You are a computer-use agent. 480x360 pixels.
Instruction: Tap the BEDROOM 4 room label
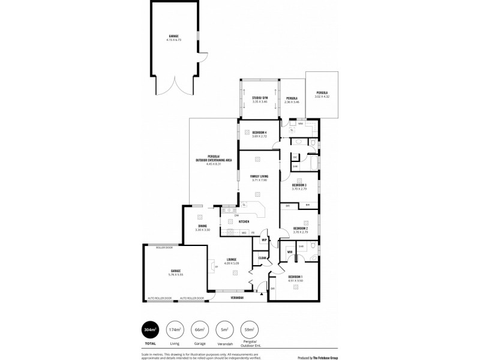259,132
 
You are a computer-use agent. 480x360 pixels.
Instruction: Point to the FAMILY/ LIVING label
259,176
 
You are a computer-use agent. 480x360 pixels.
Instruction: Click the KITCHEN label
244,221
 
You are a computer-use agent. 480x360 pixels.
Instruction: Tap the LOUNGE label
231,259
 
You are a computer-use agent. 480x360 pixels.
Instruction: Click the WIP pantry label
263,239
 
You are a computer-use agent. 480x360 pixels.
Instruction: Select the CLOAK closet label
262,258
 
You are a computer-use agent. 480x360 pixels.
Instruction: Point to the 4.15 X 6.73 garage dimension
173,40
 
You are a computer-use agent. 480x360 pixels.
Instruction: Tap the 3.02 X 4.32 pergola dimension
322,97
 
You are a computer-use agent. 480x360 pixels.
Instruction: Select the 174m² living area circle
175,330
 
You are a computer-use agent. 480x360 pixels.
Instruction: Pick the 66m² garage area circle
199,330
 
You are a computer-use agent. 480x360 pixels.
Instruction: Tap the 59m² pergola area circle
248,330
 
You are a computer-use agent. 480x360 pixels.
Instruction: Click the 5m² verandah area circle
223,330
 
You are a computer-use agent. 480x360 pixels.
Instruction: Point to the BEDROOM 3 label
299,185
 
